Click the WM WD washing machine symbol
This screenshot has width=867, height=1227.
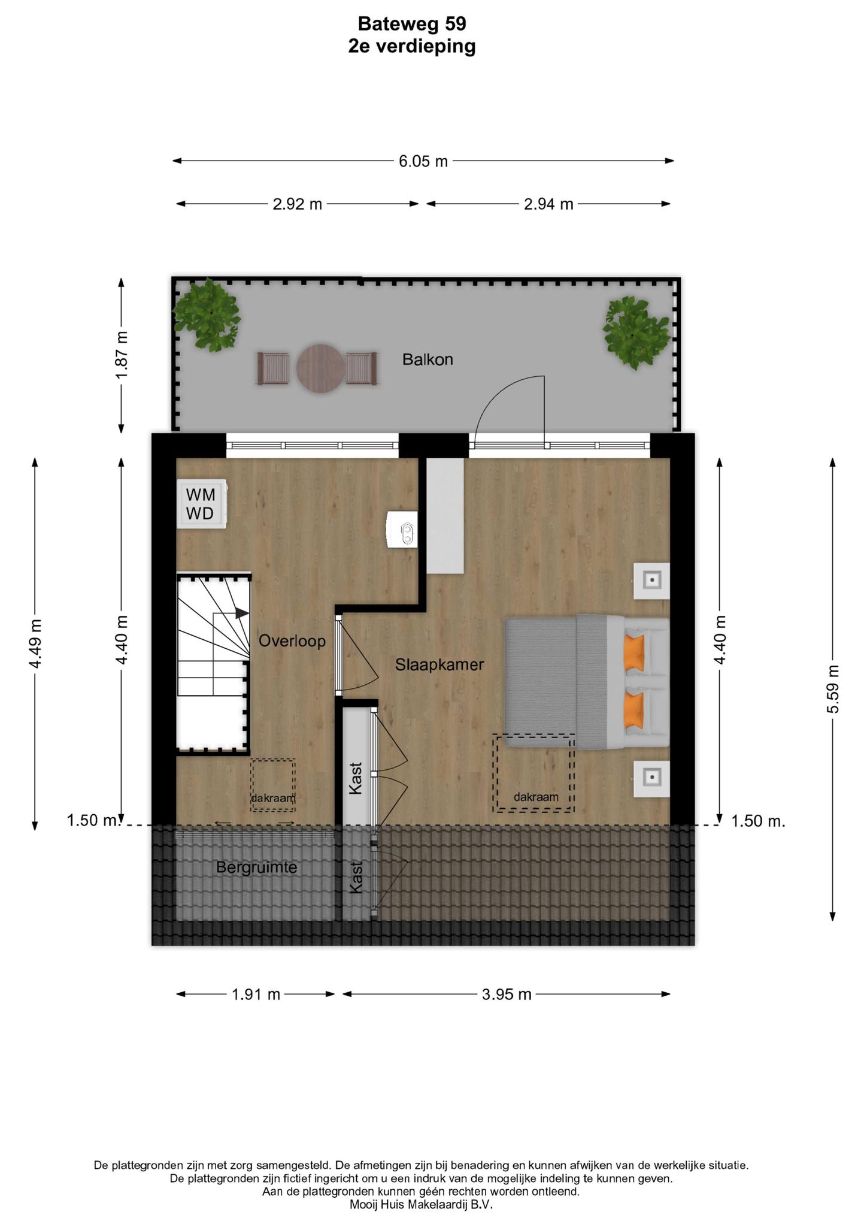click(201, 504)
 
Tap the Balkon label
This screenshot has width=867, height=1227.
click(428, 359)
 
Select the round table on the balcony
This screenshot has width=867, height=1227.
click(320, 368)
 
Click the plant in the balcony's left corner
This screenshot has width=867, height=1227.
click(206, 315)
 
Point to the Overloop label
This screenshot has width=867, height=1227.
click(292, 641)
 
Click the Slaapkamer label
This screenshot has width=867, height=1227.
click(439, 664)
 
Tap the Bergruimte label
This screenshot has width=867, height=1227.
click(256, 867)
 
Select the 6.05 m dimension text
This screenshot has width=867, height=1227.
click(423, 161)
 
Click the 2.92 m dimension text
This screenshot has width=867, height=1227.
click(298, 204)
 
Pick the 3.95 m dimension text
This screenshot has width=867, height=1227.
click(507, 995)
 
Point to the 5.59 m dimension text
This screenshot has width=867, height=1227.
click(832, 689)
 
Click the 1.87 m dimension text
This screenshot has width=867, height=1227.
click(122, 355)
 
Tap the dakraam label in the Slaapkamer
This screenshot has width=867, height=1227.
click(536, 797)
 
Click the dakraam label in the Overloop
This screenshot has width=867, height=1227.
click(273, 798)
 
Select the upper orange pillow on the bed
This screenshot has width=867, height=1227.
click(634, 652)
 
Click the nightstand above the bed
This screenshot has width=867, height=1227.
click(652, 580)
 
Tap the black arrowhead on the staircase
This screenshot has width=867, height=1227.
click(242, 613)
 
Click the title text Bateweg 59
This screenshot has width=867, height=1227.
click(412, 23)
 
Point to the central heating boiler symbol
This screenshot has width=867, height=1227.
click(402, 528)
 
